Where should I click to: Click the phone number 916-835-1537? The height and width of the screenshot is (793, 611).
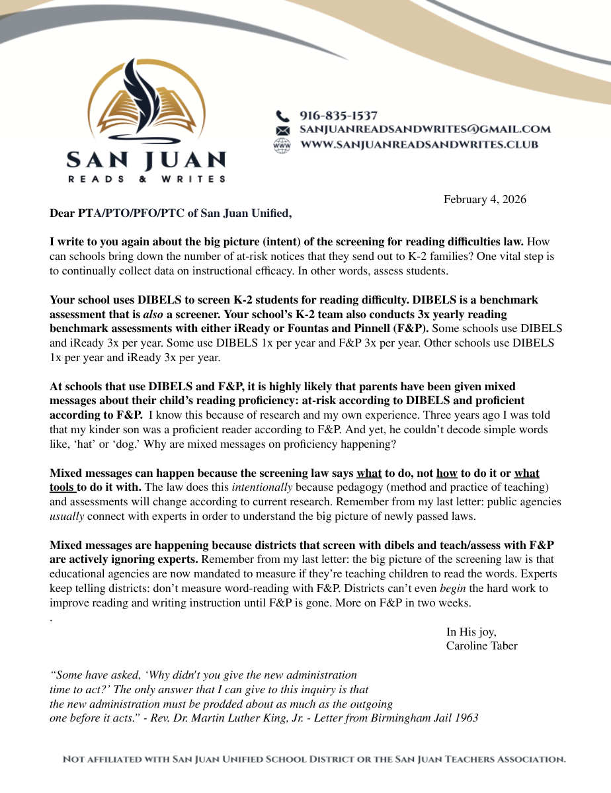[x=339, y=116]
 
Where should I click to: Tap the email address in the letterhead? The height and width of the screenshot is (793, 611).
[x=425, y=130]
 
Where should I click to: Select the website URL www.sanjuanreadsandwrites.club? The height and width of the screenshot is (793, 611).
[x=419, y=144]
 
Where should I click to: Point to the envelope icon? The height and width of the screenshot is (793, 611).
[x=282, y=130]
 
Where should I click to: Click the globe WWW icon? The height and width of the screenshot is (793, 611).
[x=282, y=145]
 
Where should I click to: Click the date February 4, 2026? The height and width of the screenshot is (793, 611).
[x=485, y=200]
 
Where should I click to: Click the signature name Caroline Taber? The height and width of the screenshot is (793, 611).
[x=481, y=646]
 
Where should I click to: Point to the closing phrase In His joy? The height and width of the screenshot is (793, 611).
[x=471, y=632]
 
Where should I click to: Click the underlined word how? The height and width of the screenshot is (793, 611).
[x=447, y=474]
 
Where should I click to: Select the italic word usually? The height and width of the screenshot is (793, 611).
[x=66, y=516]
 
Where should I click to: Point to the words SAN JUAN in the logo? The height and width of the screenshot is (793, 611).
[x=146, y=160]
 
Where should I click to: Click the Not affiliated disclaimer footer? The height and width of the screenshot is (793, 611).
[x=314, y=760]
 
